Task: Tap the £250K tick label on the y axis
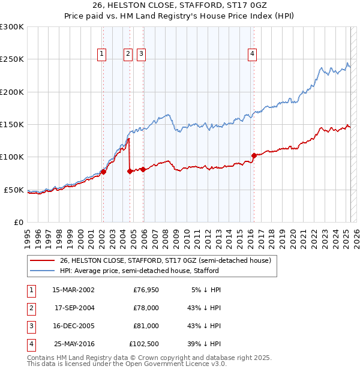[12, 59]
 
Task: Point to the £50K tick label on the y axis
[14, 190]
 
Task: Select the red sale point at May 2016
[254, 155]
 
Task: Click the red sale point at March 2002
[103, 172]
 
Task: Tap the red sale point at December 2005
[143, 170]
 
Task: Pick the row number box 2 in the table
[29, 308]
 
